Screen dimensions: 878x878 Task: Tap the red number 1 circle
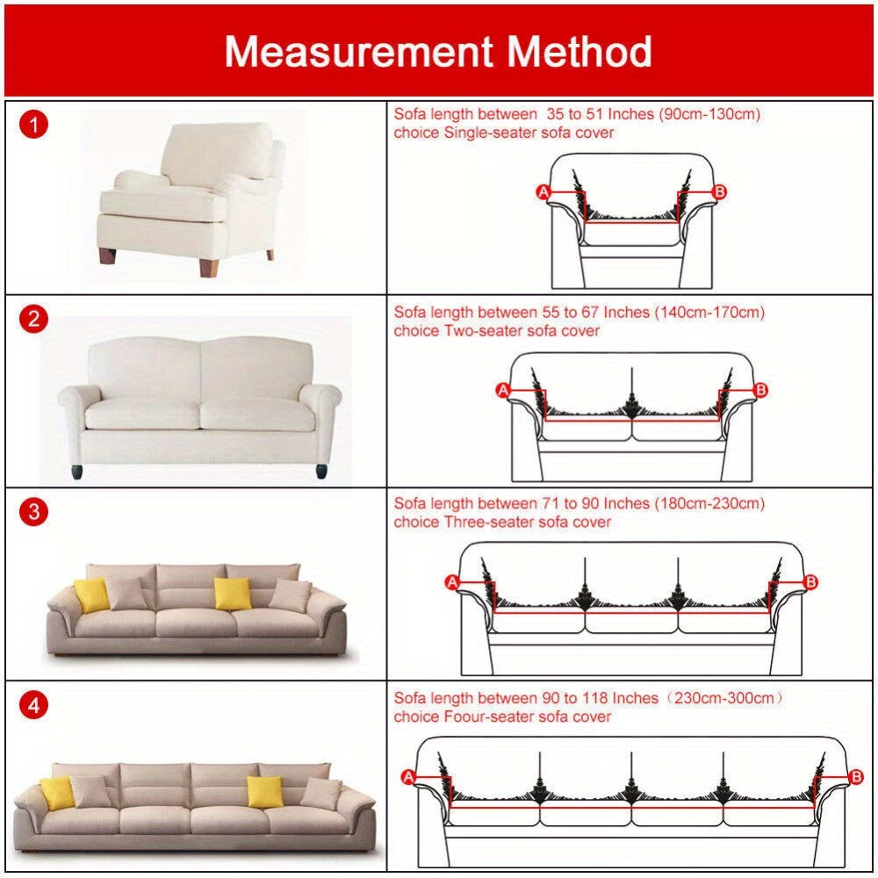coord(34,126)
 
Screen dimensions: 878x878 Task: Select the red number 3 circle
coord(34,512)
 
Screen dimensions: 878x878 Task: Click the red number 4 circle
coord(34,705)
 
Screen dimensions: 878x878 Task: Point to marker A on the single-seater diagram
coord(543,191)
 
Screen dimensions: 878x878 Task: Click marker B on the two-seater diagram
coord(761,389)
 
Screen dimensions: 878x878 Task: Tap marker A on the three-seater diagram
coord(453,581)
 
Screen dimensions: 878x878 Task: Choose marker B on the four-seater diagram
coord(856,776)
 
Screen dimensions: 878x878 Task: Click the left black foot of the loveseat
coord(80,469)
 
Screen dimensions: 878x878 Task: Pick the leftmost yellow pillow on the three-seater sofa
coord(91,595)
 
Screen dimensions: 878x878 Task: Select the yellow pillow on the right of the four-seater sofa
coord(263,791)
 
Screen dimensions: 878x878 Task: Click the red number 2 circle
coord(34,319)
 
